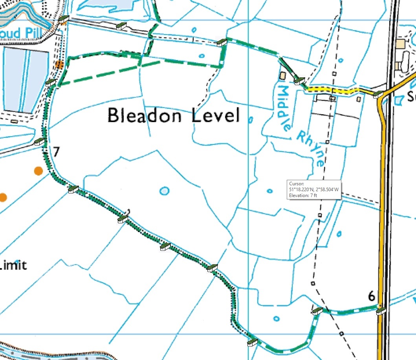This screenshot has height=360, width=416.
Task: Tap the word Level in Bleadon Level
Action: coord(216,116)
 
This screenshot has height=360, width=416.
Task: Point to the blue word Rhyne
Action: coord(311,149)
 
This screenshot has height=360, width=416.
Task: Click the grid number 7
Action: coord(56,152)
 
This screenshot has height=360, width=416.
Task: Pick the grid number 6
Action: coord(371,296)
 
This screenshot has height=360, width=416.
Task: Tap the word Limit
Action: coord(13,265)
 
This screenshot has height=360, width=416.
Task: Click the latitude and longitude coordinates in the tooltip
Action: coord(313,190)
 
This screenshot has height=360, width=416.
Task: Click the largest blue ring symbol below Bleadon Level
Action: coord(165,191)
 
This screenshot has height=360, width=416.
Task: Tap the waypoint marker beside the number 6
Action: coord(380,312)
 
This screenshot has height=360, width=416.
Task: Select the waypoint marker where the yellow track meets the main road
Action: coord(378,94)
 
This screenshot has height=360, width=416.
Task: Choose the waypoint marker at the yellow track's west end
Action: coord(299,81)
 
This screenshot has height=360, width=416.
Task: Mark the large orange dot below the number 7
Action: coord(38,171)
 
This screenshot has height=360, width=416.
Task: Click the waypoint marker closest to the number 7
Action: coord(39,142)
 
